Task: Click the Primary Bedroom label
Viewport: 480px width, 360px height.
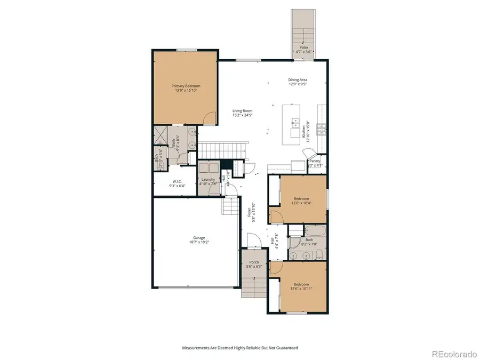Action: [186, 86]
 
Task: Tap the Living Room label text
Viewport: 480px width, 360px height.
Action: [242, 111]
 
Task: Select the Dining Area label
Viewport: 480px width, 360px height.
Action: [298, 80]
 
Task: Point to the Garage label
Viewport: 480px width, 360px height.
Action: [199, 238]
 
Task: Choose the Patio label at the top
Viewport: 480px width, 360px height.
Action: [303, 47]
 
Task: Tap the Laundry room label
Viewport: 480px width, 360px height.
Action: [207, 179]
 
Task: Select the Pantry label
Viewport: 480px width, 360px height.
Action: [315, 161]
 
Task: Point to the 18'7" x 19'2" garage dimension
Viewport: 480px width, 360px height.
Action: [199, 243]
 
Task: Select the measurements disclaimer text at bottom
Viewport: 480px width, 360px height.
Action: [239, 347]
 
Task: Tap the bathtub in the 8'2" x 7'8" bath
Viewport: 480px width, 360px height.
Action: [315, 231]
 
